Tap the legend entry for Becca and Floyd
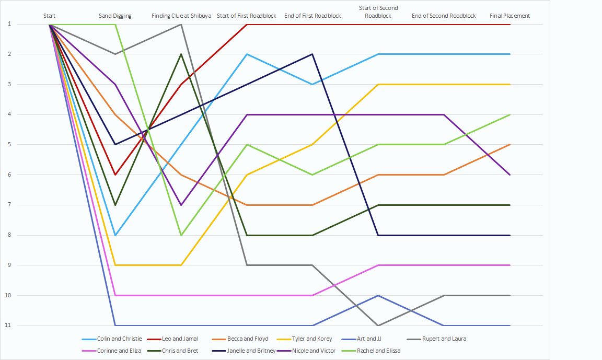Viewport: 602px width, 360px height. (x=248, y=339)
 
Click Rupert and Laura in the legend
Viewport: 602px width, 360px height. (x=444, y=339)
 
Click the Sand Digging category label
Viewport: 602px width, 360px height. (x=115, y=16)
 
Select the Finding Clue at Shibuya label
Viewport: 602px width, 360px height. (x=181, y=16)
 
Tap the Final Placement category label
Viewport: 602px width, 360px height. (x=510, y=16)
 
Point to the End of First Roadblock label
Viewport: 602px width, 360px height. (x=312, y=16)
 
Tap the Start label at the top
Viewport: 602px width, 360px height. (x=50, y=16)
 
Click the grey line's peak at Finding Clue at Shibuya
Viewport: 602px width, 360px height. (x=181, y=24)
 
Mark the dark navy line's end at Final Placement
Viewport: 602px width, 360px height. (x=510, y=235)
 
